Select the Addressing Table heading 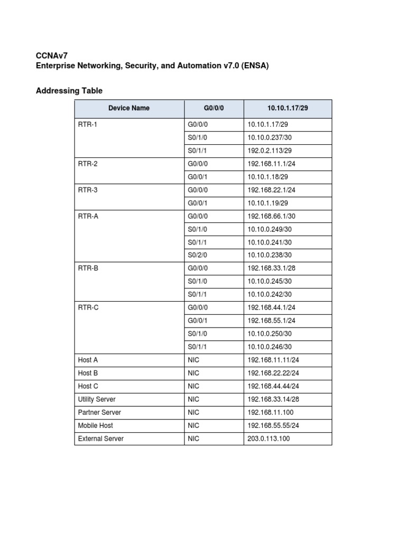coord(69,91)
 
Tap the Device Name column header coord(129,108)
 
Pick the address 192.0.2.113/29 coord(269,151)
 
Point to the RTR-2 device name coord(87,164)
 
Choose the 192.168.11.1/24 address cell coord(271,164)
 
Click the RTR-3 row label coord(87,190)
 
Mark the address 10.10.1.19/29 coord(267,203)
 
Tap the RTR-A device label coord(88,216)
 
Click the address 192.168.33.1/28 coord(271,268)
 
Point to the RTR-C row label coord(88,307)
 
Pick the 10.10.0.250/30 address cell coord(270,334)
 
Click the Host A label coord(88,360)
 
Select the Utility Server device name coord(97,399)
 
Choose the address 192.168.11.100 coord(269,412)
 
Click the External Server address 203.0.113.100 coord(269,439)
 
